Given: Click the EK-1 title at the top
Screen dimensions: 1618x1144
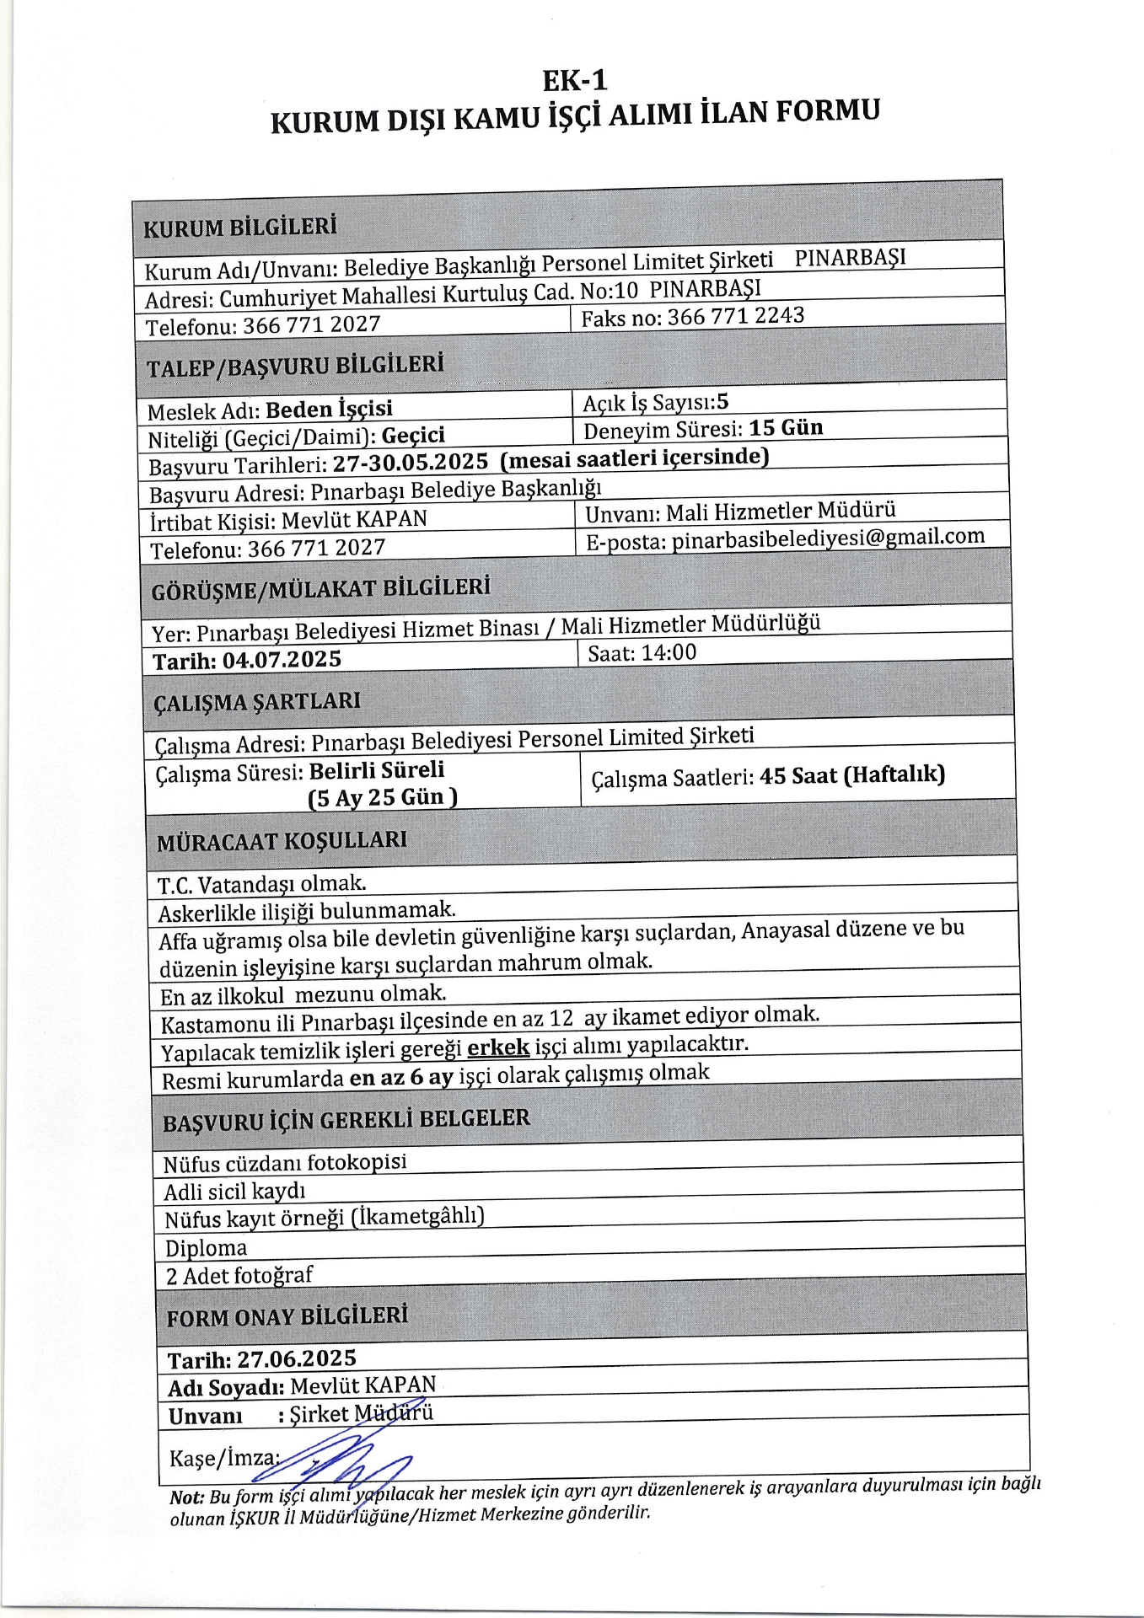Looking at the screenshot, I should [574, 80].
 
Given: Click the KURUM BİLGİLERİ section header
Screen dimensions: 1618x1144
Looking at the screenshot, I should [240, 227].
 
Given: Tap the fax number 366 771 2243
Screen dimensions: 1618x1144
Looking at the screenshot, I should [736, 316].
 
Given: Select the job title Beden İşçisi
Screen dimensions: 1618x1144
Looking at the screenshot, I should [329, 410].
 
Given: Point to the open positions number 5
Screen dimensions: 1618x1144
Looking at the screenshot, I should [722, 401].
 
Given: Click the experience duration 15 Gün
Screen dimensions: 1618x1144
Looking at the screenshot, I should [786, 427].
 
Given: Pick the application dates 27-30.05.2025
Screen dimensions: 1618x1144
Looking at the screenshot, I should [411, 463].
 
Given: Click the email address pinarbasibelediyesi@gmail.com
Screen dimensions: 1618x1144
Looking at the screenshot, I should [828, 538].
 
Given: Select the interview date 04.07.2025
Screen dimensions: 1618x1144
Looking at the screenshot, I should [282, 659].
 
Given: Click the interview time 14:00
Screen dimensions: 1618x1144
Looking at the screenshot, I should [669, 652].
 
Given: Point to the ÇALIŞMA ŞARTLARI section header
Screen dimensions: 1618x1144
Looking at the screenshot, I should [257, 702].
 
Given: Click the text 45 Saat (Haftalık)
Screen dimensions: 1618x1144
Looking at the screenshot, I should [851, 774].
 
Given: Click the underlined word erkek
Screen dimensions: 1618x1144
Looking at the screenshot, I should [498, 1047].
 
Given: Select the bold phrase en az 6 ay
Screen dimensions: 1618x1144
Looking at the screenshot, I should [401, 1077].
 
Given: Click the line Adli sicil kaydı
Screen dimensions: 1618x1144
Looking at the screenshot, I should [234, 1192].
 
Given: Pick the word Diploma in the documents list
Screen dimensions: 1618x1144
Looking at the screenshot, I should [206, 1248].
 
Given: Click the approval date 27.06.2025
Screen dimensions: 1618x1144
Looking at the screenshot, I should [297, 1358].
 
